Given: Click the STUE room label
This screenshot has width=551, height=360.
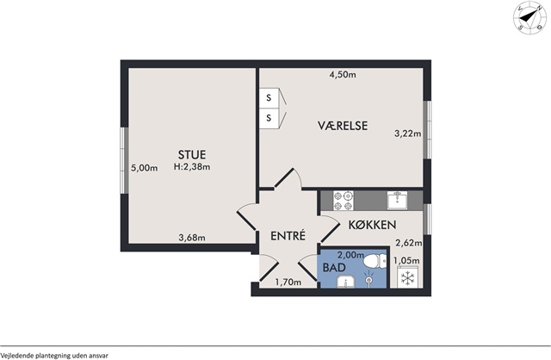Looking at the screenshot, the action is [192, 155].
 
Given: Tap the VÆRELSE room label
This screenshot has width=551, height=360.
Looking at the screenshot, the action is [343, 126].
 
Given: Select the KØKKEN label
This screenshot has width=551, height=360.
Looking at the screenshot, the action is [372, 225].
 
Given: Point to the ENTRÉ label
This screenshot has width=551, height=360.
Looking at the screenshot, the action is [288, 235].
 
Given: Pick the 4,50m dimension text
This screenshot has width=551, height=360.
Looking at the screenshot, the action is [343, 75].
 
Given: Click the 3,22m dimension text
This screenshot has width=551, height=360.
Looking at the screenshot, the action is [407, 133].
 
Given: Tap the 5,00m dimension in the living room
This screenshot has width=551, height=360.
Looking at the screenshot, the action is [144, 168].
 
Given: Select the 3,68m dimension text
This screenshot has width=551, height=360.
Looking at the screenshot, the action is [192, 238].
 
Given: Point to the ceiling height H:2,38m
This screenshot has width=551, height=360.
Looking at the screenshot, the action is [192, 167].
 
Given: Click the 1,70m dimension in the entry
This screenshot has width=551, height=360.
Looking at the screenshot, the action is [288, 282].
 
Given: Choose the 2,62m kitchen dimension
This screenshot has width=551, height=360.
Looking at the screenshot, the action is [409, 243].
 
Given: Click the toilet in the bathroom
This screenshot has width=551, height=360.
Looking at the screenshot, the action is [375, 262].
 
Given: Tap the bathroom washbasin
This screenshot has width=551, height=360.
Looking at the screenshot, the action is [346, 282].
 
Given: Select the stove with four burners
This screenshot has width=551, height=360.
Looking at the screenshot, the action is [344, 201].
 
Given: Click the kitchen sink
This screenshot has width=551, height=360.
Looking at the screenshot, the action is [398, 201].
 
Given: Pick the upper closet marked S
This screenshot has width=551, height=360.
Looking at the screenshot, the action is [269, 97].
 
